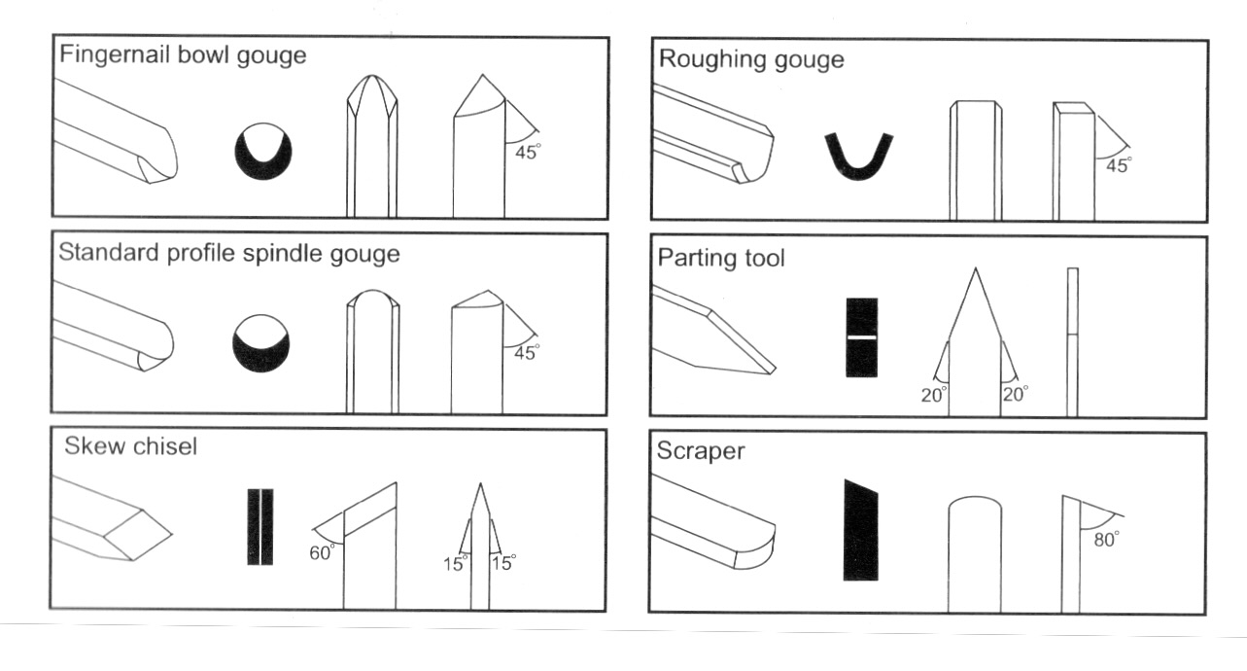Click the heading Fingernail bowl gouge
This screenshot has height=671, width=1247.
tap(183, 54)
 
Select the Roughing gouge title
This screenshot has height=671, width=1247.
tap(751, 59)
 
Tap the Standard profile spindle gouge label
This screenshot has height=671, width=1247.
tap(229, 255)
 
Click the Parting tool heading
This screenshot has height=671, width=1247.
tap(721, 259)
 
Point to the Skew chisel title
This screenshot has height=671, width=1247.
tap(131, 446)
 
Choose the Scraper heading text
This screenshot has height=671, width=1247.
tap(700, 452)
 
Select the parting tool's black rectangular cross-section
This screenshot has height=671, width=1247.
tap(861, 336)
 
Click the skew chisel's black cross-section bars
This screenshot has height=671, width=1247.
tap(260, 526)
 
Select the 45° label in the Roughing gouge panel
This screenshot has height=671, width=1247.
tap(1118, 165)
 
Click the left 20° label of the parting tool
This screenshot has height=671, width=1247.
tap(933, 394)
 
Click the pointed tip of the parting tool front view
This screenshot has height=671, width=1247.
tap(975, 271)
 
